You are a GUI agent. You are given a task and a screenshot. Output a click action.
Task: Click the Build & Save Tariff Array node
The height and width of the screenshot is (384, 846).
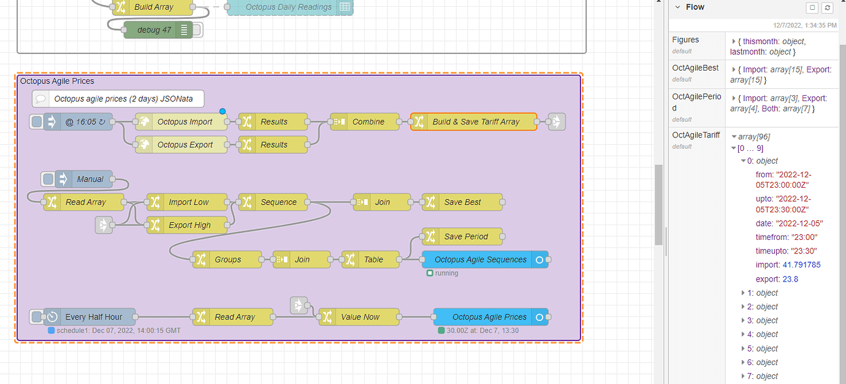point(476,122)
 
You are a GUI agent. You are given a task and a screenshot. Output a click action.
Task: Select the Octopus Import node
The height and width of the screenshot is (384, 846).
point(185,122)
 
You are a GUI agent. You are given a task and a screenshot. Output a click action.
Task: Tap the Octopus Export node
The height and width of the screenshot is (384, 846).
point(185,145)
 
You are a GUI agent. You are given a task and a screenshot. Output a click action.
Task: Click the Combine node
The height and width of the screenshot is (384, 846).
point(368,122)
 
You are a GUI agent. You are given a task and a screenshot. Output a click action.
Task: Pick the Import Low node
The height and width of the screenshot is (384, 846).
point(188,202)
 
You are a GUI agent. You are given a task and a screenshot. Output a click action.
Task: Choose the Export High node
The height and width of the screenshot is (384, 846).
point(189,225)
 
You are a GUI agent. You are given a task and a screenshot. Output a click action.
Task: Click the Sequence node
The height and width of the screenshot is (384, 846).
point(278,202)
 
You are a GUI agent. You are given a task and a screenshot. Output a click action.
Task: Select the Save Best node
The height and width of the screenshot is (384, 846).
point(462,202)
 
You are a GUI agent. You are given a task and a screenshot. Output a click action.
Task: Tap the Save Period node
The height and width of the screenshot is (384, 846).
point(466,237)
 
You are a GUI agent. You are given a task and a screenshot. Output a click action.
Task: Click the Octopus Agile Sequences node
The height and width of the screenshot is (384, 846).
point(480,259)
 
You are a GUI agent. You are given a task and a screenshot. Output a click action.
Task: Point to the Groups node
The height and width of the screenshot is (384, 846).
point(227,259)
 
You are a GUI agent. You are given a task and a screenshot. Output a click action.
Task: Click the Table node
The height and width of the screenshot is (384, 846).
point(373,259)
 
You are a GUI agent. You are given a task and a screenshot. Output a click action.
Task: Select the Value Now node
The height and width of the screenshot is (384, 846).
point(360,317)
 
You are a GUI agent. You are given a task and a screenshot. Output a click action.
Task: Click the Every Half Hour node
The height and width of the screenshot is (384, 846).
point(93,317)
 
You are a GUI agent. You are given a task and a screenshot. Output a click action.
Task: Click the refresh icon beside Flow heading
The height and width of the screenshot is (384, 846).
point(828,7)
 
